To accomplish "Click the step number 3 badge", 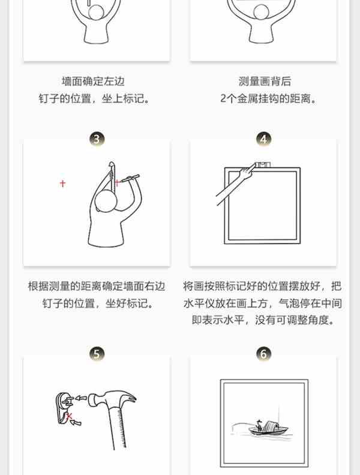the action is (x=97, y=139).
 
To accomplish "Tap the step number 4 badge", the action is (x=263, y=139).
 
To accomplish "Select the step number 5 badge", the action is (x=97, y=354).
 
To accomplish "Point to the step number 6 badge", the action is (x=263, y=354).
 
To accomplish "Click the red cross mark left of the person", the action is (x=62, y=184).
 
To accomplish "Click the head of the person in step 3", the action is (x=106, y=200).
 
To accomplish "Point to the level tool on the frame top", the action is (x=263, y=165).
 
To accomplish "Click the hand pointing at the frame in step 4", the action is (x=247, y=172).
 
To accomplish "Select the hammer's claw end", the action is (x=129, y=398).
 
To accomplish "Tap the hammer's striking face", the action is (x=91, y=400).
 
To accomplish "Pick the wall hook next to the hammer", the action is (x=64, y=408).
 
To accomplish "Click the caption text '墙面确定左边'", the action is (x=93, y=81).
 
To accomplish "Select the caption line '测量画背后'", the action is (x=265, y=81).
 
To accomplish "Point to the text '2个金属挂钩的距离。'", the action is (x=268, y=98).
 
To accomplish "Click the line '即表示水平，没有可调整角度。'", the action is (x=263, y=320).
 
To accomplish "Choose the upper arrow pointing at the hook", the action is (x=80, y=398).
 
